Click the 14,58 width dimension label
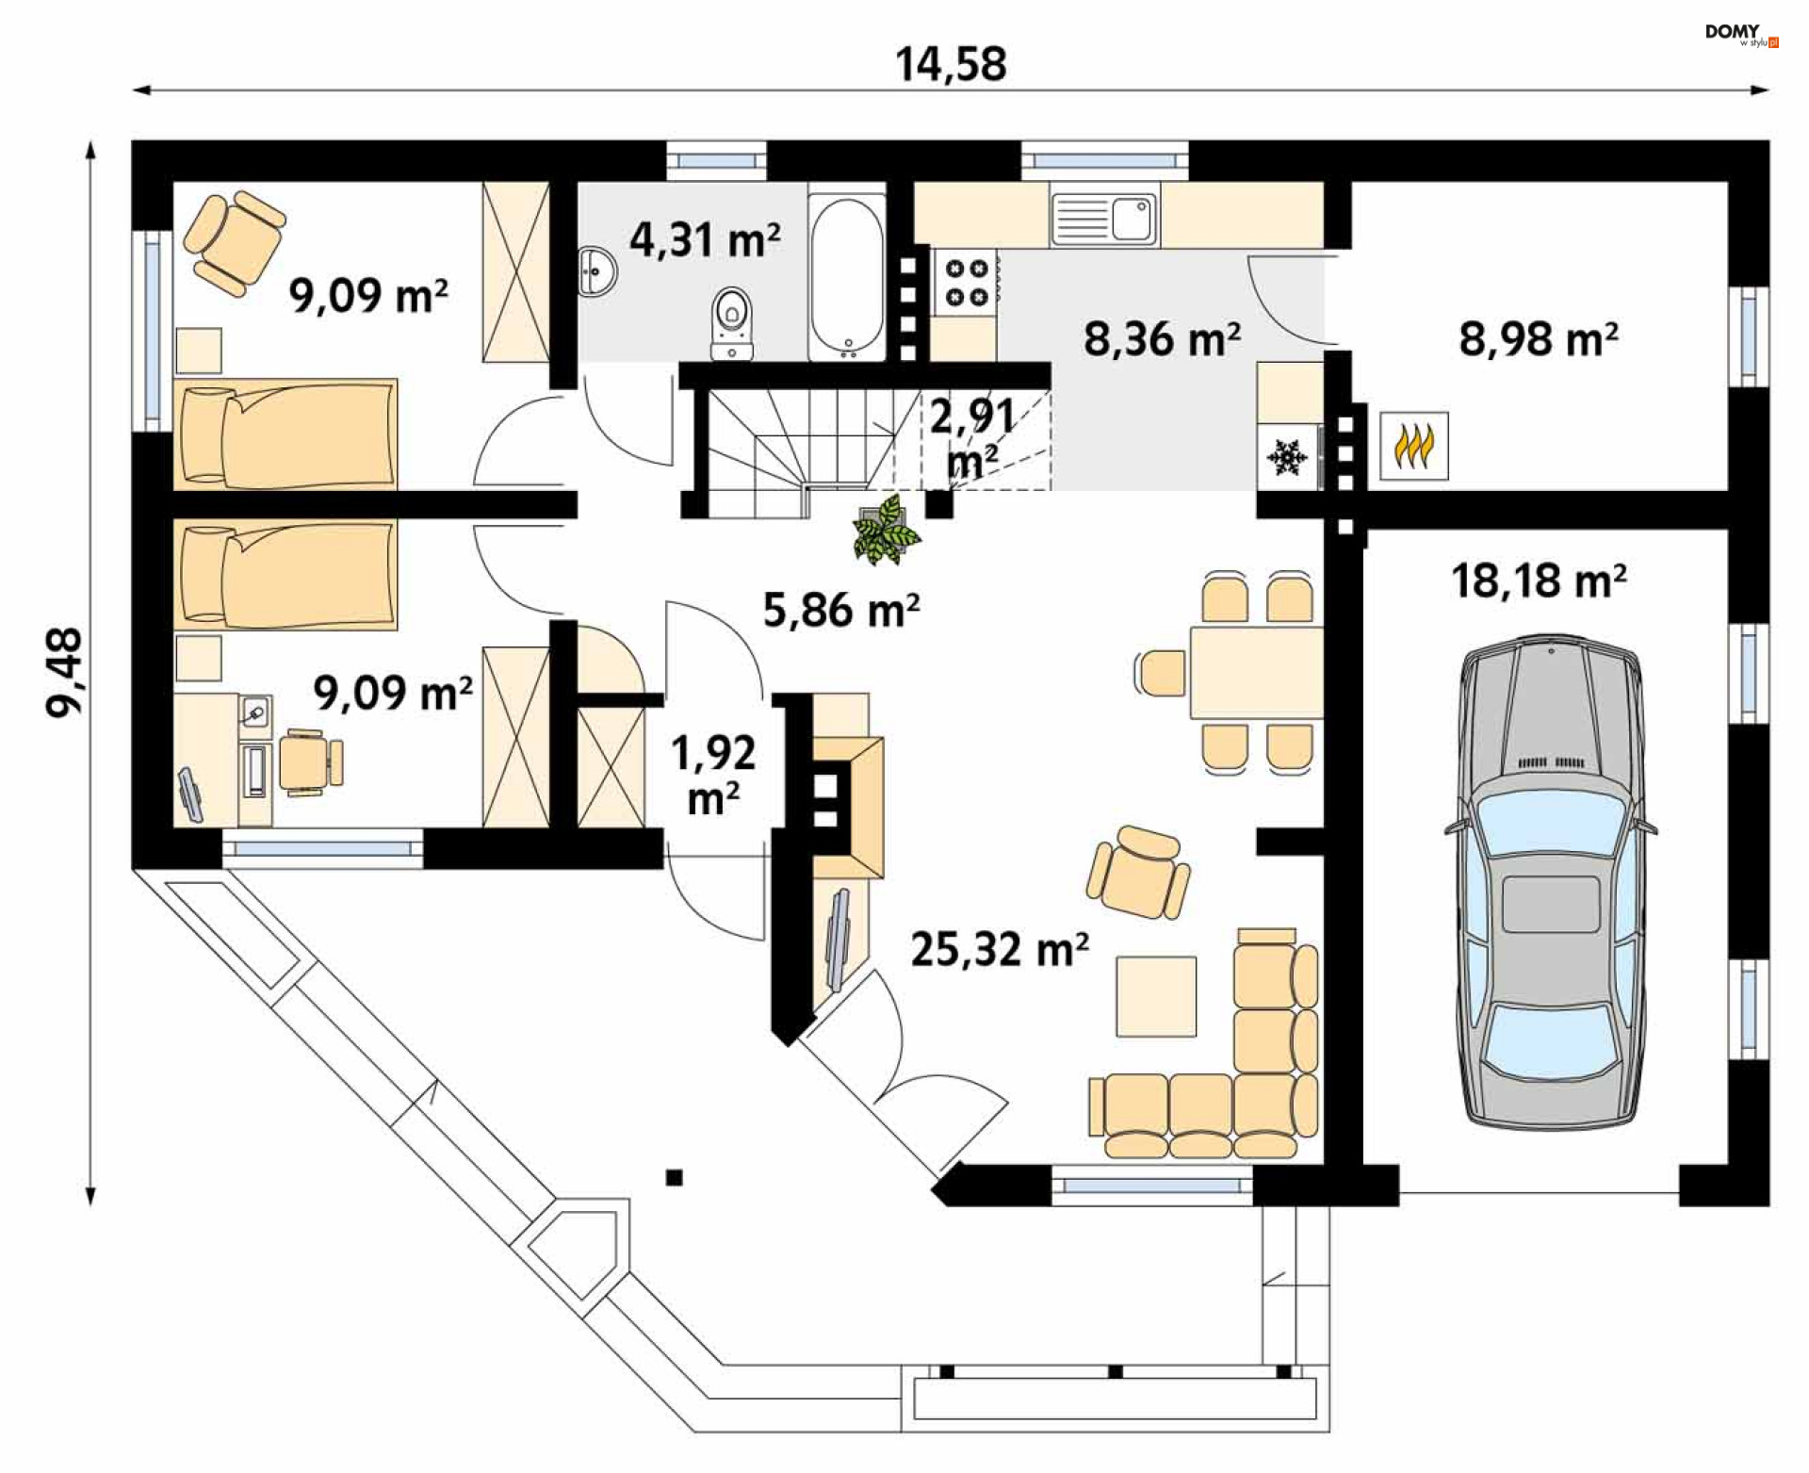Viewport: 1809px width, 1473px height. coord(951,64)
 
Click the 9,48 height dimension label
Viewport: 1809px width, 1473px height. coord(65,673)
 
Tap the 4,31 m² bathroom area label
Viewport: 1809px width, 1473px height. coord(705,239)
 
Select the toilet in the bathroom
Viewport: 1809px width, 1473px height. coord(732,323)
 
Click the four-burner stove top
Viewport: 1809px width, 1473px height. coord(966,283)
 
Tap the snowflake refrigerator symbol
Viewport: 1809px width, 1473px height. coord(1287,458)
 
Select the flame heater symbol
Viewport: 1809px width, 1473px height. coord(1414,447)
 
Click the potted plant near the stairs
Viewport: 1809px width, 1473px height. coord(885,532)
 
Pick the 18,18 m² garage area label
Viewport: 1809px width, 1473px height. coord(1539,581)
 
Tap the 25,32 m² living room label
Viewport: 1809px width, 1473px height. coord(1000,949)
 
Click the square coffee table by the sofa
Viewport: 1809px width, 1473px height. coord(1156,996)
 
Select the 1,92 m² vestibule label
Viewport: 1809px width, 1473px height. coord(713,775)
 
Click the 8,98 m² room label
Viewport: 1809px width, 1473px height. coord(1539,339)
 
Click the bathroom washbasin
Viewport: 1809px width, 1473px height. coord(597,271)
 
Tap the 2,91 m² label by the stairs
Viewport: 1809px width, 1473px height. coord(972,439)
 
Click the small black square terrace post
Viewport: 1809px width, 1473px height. coord(674,1177)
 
